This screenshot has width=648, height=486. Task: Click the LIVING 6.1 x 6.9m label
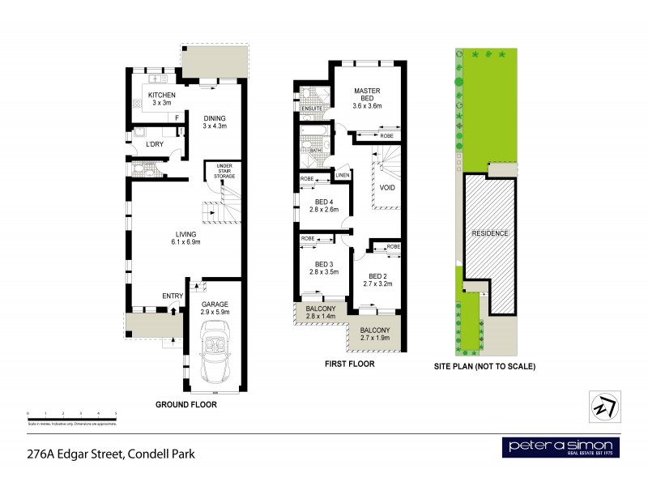click(185, 238)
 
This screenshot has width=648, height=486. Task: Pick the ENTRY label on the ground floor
click(172, 296)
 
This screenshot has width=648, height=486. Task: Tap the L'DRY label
click(156, 144)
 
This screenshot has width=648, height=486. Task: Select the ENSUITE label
click(311, 108)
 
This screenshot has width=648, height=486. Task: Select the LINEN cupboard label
click(342, 176)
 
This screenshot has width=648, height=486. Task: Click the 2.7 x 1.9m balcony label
click(375, 335)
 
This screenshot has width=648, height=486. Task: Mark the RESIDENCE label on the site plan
click(490, 233)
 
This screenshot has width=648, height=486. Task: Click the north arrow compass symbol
click(603, 404)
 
